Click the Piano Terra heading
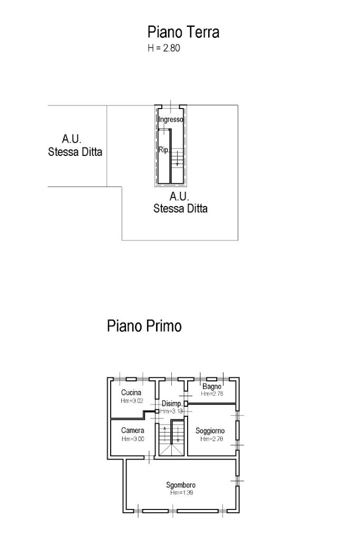pos(183,33)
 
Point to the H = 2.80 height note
pos(164,49)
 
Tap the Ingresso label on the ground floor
pos(171,120)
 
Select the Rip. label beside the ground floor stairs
pos(163,150)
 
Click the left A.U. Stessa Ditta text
pos(75,146)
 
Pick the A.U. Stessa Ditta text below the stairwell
pos(180,202)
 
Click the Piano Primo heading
pos(144,326)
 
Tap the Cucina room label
pos(131,393)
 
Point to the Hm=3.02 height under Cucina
pos(132,400)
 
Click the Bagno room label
pos(212,387)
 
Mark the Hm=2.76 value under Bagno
pos(212,394)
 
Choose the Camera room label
pos(132,430)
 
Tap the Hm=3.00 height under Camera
pos(132,438)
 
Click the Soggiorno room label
pos(210,430)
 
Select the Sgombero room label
pos(181,485)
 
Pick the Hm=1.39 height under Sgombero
pos(181,493)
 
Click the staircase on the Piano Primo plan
pos(172,438)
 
